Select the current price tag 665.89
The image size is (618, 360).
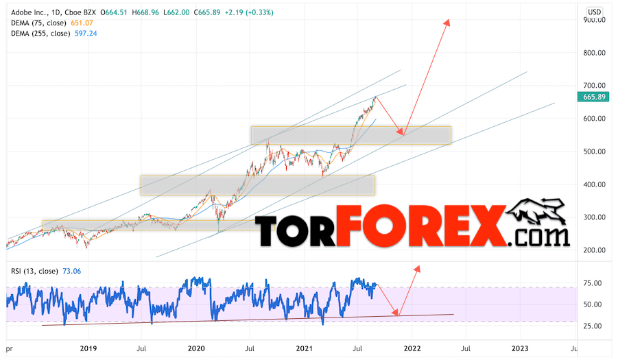tap(592, 97)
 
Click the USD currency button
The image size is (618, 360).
tap(595, 12)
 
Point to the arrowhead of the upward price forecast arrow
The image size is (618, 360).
tap(448, 22)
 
